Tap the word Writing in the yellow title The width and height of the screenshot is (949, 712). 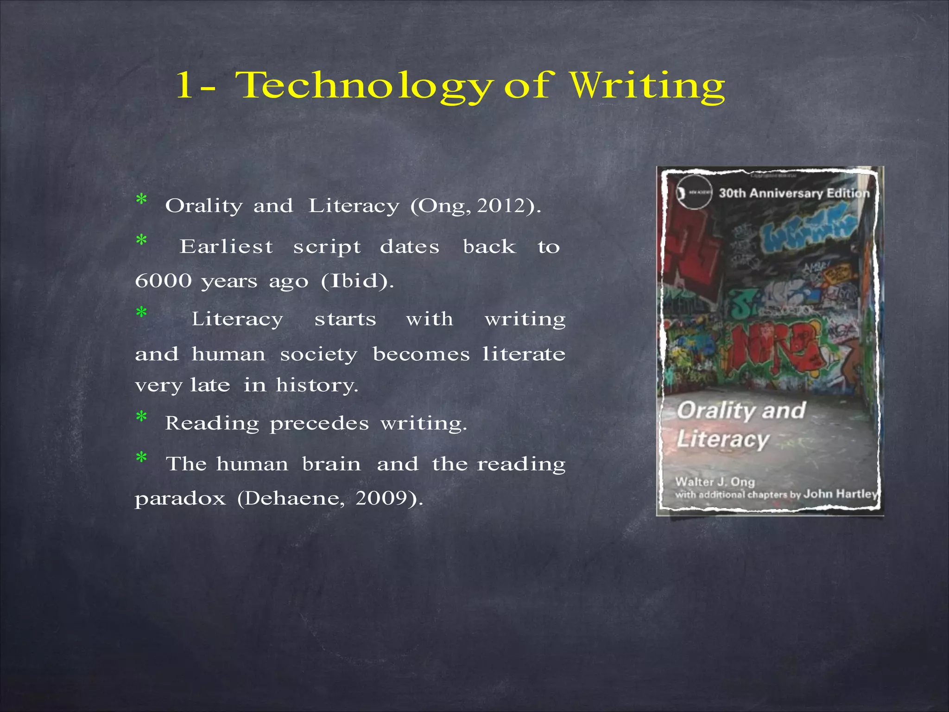(x=647, y=86)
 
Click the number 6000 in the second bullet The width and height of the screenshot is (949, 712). (x=163, y=281)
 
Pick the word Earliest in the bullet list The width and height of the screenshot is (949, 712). (x=226, y=247)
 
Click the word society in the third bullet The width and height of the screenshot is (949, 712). (x=319, y=355)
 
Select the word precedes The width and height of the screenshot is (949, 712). (x=319, y=423)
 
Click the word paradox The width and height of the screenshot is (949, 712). (x=180, y=499)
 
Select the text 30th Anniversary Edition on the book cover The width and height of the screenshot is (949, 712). (x=794, y=193)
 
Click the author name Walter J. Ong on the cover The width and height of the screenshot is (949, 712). (x=715, y=482)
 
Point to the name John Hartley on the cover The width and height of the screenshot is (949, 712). (x=840, y=494)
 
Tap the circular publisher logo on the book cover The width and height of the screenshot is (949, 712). (x=694, y=193)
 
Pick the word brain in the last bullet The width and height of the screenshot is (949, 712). (x=331, y=464)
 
